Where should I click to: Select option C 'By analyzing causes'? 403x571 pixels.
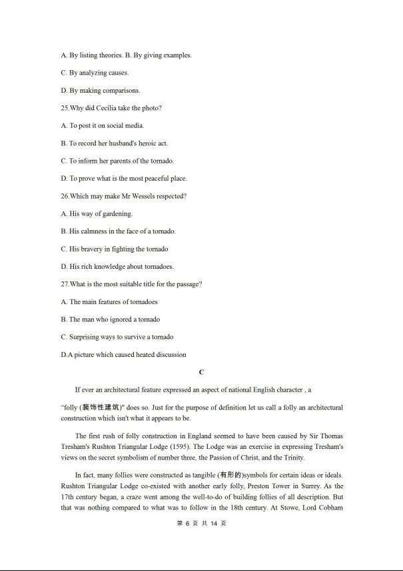(95, 73)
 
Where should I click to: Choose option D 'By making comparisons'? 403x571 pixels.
(100, 91)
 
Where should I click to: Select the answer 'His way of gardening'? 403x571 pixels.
(97, 213)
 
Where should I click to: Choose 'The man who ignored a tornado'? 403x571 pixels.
(111, 320)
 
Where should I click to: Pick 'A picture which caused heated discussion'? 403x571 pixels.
(123, 355)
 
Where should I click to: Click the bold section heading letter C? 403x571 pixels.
(201, 372)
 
